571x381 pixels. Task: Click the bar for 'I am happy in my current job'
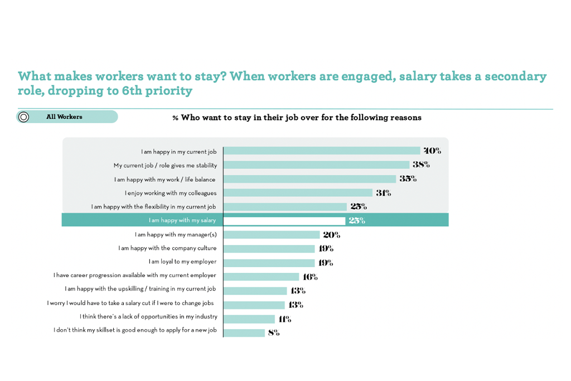[321, 151]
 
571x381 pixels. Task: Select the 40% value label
[432, 151]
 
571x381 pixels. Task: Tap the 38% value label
[422, 165]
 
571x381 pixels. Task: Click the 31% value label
[383, 193]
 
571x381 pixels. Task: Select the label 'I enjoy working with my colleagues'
[171, 193]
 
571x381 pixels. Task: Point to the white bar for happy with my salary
[284, 220]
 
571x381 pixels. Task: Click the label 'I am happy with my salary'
[182, 220]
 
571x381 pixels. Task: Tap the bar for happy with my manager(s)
[272, 235]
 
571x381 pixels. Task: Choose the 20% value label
[331, 235]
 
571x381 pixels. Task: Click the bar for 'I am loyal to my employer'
[269, 263]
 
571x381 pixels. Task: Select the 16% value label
[310, 277]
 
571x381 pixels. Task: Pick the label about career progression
[134, 276]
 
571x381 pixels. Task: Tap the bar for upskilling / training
[255, 291]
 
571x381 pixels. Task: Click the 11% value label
[284, 319]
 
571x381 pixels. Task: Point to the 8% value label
[273, 333]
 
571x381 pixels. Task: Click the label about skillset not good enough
[135, 330]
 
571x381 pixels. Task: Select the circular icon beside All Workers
[23, 117]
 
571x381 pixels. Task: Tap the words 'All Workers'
[64, 117]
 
